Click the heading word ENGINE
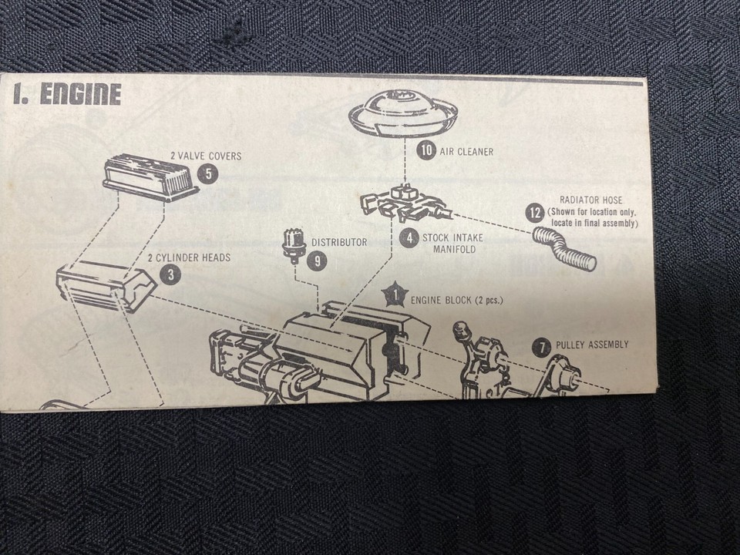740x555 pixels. pos(80,95)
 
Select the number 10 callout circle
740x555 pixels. pos(426,151)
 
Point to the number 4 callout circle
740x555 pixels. pos(410,238)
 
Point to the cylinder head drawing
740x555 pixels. pos(106,284)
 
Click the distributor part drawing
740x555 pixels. pos(294,244)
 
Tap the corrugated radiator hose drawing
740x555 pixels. pos(565,247)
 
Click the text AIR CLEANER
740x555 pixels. pos(466,152)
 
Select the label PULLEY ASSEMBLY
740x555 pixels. pos(592,345)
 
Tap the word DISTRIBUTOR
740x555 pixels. pos(339,242)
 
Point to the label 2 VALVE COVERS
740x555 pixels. pos(205,156)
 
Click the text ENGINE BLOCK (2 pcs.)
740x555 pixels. pos(456,300)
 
